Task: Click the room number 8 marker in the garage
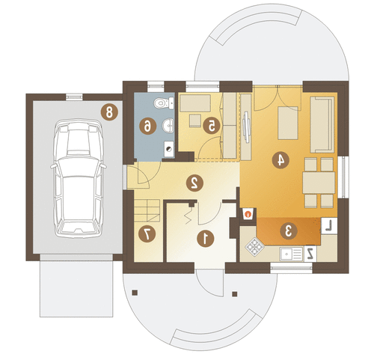109,112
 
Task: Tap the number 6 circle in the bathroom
148,126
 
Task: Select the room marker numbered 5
212,126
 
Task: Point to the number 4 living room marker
280,160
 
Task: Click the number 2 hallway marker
194,183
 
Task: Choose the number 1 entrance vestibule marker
206,239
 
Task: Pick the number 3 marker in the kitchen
289,231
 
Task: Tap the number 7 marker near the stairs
147,234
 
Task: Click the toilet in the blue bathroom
164,103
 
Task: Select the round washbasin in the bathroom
168,125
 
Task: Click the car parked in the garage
79,178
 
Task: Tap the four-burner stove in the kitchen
254,247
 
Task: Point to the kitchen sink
291,254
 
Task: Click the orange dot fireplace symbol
248,214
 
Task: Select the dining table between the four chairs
319,183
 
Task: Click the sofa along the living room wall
322,125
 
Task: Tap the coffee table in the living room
288,123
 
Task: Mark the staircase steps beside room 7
147,210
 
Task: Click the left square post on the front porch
135,293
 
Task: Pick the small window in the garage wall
74,97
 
